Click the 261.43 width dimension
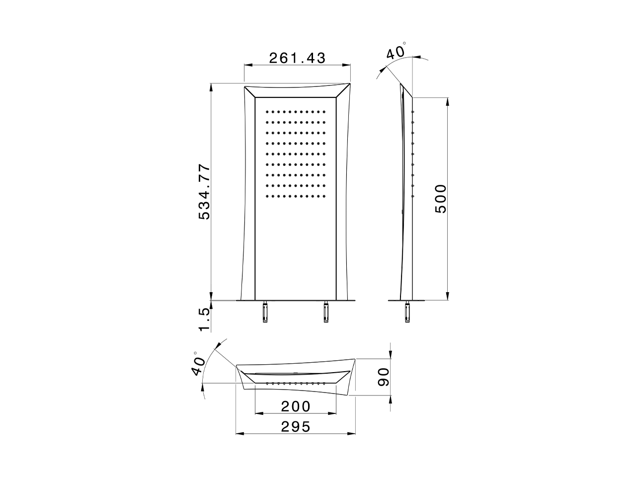297,58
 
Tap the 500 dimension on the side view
440,198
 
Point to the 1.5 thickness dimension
205,319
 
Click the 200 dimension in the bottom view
296,406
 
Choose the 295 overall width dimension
296,426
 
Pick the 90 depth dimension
383,376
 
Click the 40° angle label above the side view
396,52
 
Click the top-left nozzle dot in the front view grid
267,111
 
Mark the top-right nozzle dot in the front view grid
325,111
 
